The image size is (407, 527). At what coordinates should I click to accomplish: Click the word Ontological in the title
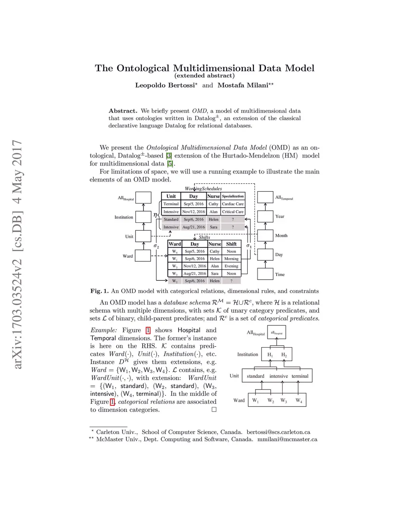(143, 68)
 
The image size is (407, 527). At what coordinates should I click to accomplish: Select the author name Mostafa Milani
(243, 86)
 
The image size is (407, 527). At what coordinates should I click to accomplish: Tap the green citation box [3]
(169, 156)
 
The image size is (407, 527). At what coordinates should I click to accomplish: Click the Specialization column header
(233, 196)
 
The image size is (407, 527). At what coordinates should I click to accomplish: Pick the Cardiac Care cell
(233, 204)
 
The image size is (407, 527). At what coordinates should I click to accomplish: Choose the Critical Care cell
(233, 212)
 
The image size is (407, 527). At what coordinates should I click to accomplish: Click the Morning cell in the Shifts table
(231, 259)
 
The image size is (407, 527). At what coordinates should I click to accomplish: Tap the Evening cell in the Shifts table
(231, 266)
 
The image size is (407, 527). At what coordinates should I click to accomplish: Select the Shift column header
(231, 244)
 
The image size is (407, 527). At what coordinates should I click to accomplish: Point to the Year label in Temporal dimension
(279, 216)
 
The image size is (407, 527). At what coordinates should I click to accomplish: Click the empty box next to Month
(265, 235)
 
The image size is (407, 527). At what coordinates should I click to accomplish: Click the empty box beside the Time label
(265, 274)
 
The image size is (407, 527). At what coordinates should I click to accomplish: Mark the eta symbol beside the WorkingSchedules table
(155, 215)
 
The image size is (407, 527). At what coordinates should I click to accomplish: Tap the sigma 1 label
(249, 246)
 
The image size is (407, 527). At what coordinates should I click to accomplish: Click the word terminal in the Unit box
(300, 376)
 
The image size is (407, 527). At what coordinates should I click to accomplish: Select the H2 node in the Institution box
(284, 355)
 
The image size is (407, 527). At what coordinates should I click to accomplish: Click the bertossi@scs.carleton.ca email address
(278, 432)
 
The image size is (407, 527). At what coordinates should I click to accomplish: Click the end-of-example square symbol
(214, 410)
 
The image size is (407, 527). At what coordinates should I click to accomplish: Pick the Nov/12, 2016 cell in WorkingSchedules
(194, 212)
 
